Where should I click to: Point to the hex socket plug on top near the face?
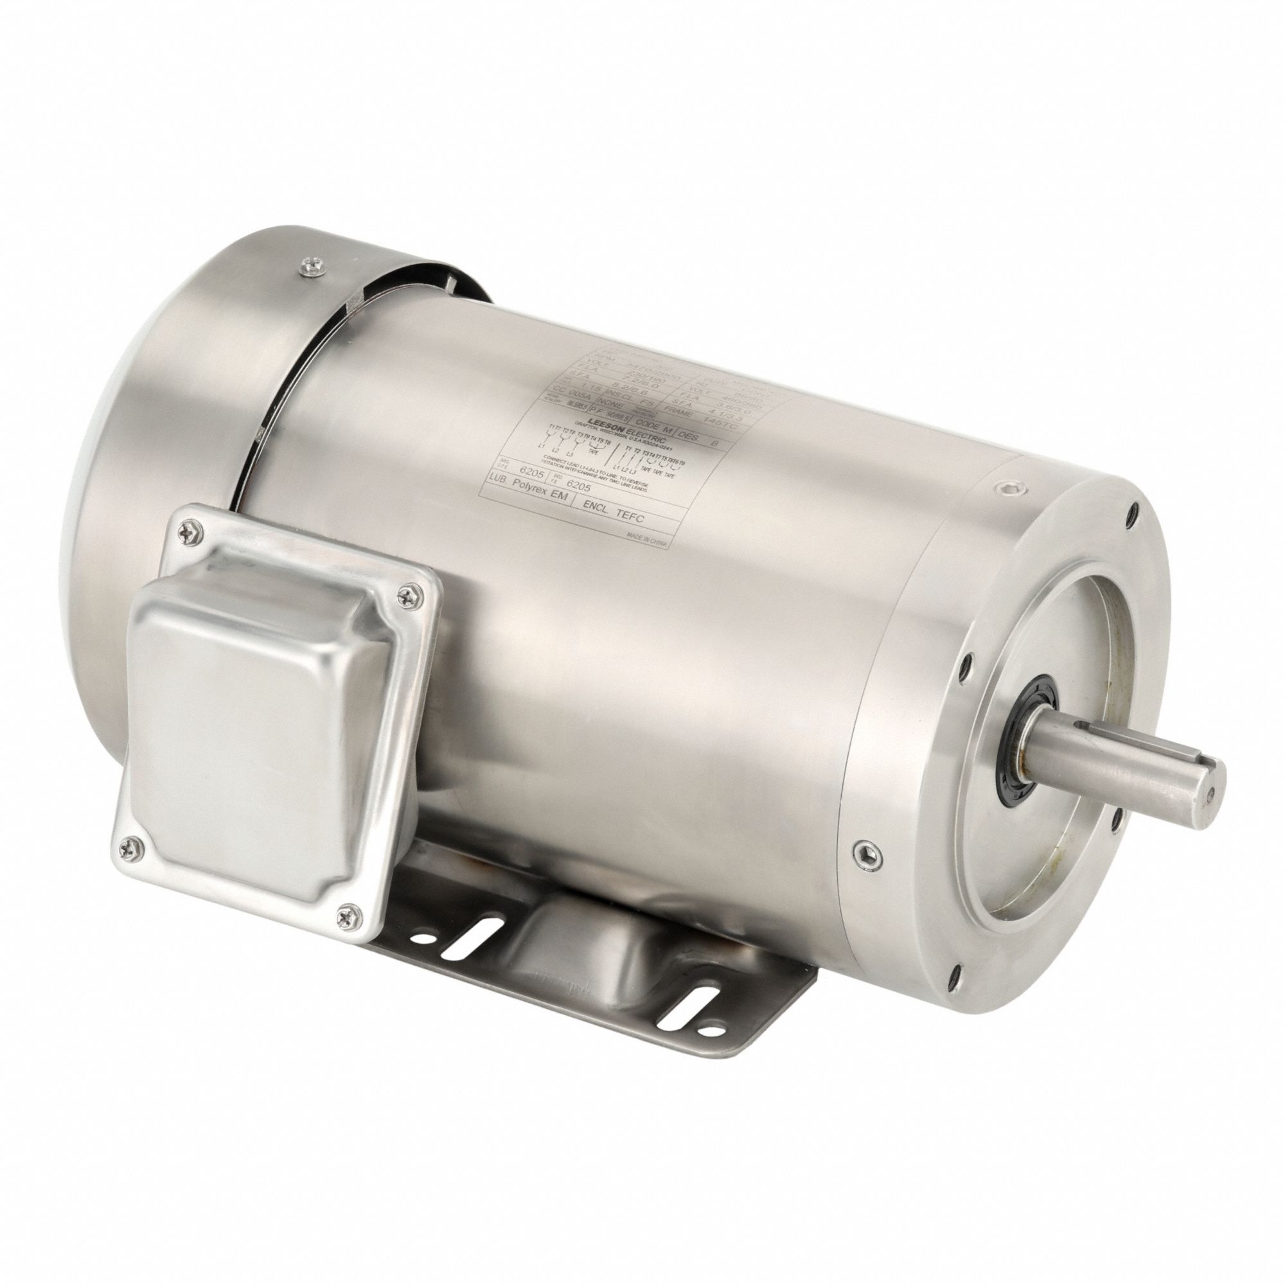pyautogui.click(x=1007, y=488)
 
